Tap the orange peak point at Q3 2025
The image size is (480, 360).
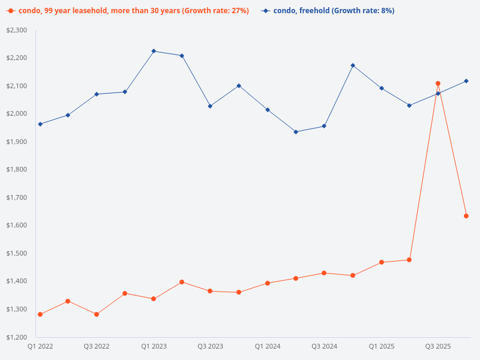pyautogui.click(x=438, y=83)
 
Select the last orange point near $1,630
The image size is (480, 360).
pyautogui.click(x=466, y=216)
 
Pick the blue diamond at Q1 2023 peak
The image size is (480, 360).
pyautogui.click(x=154, y=51)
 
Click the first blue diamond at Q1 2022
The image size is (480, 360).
pyautogui.click(x=40, y=124)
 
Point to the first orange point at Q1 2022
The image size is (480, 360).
pyautogui.click(x=40, y=314)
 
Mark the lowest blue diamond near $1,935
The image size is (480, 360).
pyautogui.click(x=296, y=132)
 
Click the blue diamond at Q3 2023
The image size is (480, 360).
pyautogui.click(x=210, y=106)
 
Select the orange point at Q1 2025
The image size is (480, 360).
pyautogui.click(x=382, y=262)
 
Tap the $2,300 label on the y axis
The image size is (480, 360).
pyautogui.click(x=17, y=30)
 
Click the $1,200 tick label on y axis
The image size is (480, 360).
pyautogui.click(x=17, y=337)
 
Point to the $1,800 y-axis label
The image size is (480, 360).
pyautogui.click(x=17, y=169)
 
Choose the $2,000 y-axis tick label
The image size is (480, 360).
pyautogui.click(x=17, y=113)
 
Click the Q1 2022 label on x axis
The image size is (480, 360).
pyautogui.click(x=40, y=346)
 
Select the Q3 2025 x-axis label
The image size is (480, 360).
pyautogui.click(x=438, y=346)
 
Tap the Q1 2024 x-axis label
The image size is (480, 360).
pyautogui.click(x=268, y=346)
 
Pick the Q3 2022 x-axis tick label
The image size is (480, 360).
pyautogui.click(x=97, y=346)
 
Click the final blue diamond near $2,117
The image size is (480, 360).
pyautogui.click(x=466, y=81)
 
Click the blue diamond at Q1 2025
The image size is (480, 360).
pyautogui.click(x=382, y=88)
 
